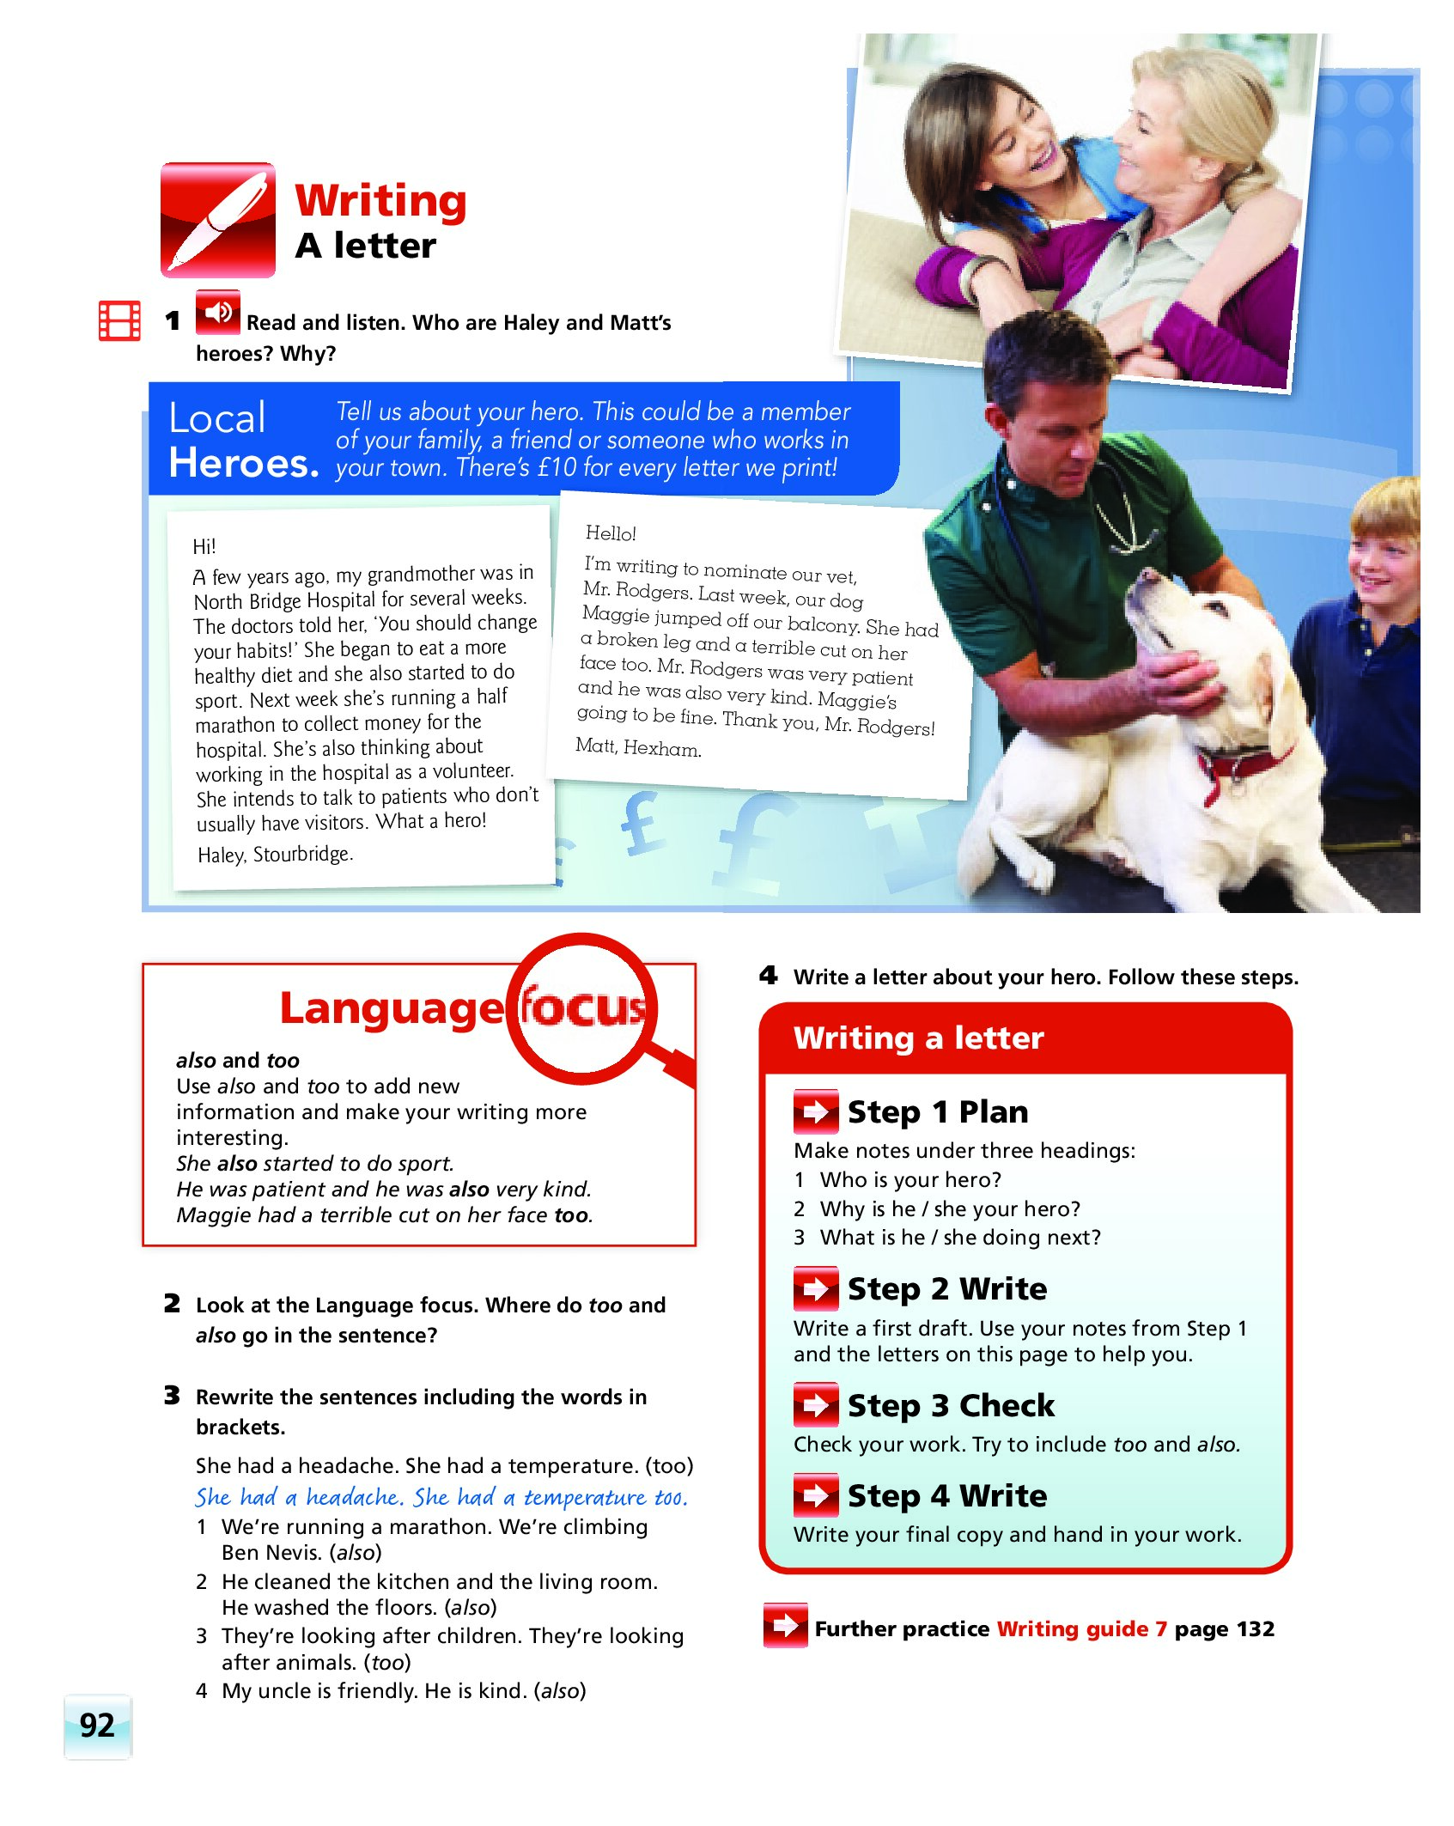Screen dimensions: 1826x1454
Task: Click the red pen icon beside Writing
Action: pos(218,220)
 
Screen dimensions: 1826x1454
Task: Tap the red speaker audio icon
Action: pos(218,312)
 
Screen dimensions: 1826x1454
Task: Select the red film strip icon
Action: pos(120,320)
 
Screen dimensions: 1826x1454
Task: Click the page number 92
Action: pos(97,1725)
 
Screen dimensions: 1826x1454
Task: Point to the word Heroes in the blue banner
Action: pos(243,463)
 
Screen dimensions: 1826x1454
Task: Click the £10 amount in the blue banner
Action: pos(557,467)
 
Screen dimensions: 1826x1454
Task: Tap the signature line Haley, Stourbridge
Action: pos(275,855)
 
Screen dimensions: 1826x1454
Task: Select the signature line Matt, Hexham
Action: pos(638,747)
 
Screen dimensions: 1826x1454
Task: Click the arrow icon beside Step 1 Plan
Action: pos(816,1111)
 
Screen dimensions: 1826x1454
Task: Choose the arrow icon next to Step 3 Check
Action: pos(816,1405)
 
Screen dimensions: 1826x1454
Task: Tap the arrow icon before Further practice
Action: pos(785,1625)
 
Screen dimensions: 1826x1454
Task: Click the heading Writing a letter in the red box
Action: pos(918,1038)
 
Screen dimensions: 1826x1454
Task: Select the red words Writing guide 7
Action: pos(1081,1628)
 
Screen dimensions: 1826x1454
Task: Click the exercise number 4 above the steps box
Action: pos(768,975)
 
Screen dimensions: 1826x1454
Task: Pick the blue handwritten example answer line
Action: pos(441,1497)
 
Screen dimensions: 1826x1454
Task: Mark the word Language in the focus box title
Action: pos(392,1007)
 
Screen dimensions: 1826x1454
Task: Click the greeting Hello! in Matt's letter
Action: pos(611,533)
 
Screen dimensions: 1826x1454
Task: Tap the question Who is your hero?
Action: pos(910,1179)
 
